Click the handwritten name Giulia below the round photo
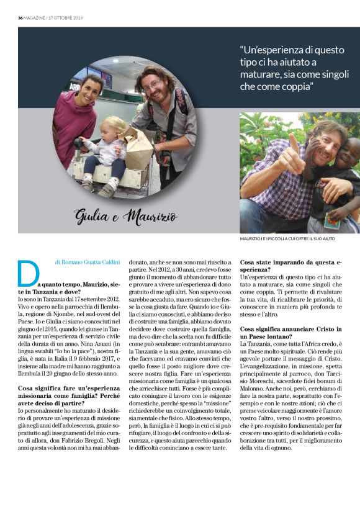coord(92,217)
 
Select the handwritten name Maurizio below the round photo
coord(150,217)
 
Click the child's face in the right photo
coord(345,152)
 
